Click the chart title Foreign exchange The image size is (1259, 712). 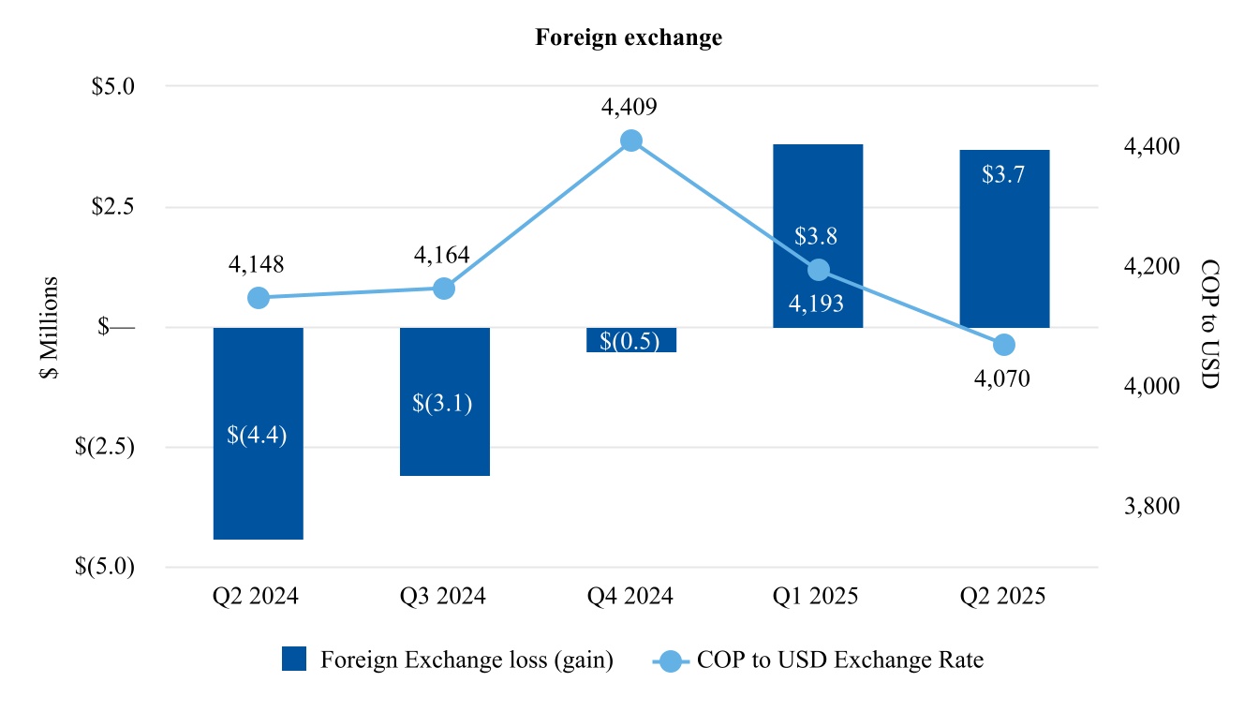coord(629,37)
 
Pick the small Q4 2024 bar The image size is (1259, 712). coord(630,339)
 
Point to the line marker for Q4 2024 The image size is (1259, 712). coord(631,141)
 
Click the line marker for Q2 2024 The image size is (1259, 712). coord(259,298)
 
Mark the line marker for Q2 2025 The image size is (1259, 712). coord(1004,345)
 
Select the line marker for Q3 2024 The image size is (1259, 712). coord(444,289)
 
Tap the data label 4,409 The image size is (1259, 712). coord(629,108)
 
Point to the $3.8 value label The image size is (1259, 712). coord(818,236)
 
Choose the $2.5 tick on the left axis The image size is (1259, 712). coord(113,206)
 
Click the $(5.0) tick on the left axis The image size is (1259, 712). coord(105,567)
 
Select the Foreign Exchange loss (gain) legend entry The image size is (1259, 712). coord(448,660)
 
